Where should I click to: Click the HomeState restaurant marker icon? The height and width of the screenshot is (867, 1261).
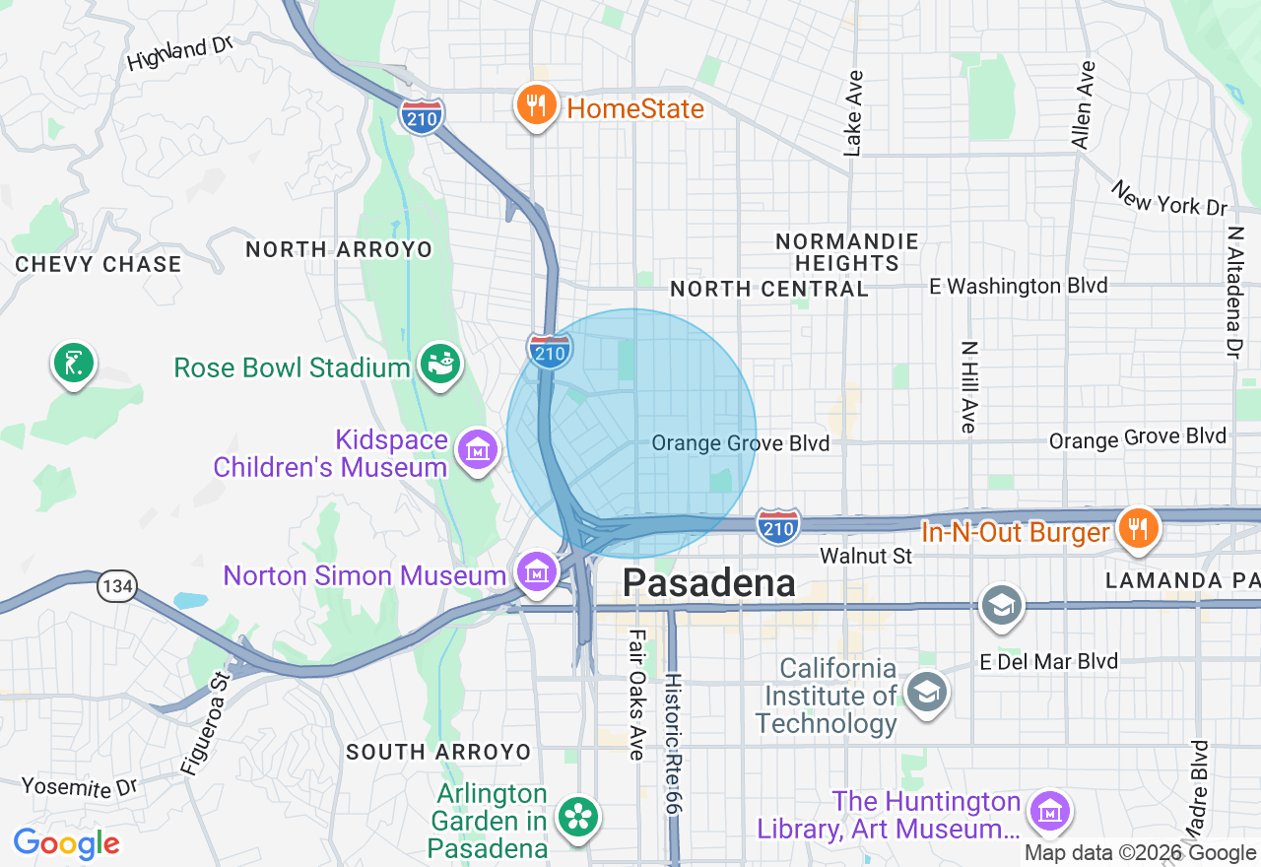536,105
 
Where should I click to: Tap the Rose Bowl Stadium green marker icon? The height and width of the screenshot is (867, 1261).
440,365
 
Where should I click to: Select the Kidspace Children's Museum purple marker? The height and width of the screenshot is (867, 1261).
477,450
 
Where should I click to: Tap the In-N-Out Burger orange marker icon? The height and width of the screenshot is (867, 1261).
1138,527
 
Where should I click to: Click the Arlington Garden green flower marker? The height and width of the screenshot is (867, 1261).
577,815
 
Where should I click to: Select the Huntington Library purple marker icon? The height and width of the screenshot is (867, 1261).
1048,812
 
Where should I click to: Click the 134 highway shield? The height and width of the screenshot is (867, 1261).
115,587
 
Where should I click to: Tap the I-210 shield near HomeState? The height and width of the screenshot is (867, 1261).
422,115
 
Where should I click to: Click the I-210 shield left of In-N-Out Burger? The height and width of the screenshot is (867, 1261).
778,527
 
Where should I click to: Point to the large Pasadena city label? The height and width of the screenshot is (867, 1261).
708,583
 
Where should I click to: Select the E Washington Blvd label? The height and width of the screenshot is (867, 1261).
1019,286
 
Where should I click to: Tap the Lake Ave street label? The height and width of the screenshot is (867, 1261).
853,112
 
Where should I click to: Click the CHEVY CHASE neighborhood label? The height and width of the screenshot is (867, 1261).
99,264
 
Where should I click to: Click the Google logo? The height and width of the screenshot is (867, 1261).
66,843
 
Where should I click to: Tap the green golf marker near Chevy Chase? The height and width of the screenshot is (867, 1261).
73,364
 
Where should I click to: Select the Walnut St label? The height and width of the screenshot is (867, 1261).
866,557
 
